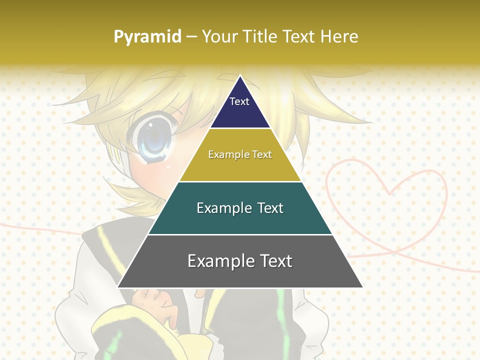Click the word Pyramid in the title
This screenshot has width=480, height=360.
click(147, 37)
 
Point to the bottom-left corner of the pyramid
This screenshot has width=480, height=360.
click(118, 287)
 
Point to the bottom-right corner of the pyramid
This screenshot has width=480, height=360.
click(362, 287)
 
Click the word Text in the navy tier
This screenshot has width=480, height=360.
click(239, 101)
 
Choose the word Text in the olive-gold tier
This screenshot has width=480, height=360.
click(262, 154)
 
